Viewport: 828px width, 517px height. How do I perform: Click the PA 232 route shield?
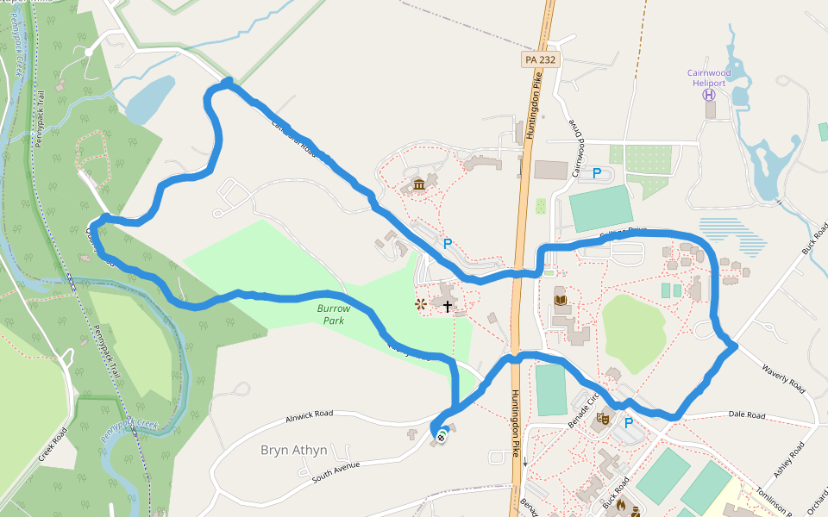click(541, 59)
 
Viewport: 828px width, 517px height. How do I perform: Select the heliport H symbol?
click(709, 95)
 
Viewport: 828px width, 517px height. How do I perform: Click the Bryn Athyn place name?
click(293, 450)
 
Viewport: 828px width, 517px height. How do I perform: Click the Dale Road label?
click(746, 415)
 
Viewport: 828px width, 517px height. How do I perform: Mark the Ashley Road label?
click(789, 459)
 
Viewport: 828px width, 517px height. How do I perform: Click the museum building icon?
click(418, 184)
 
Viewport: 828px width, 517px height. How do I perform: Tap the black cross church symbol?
click(448, 305)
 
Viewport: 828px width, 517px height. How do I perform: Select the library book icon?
click(561, 300)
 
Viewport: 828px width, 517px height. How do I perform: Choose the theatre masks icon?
click(601, 420)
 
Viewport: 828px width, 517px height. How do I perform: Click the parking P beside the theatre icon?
click(628, 422)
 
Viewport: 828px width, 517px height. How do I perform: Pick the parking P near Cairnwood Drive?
click(596, 174)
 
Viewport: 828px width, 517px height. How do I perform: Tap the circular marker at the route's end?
click(442, 436)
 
